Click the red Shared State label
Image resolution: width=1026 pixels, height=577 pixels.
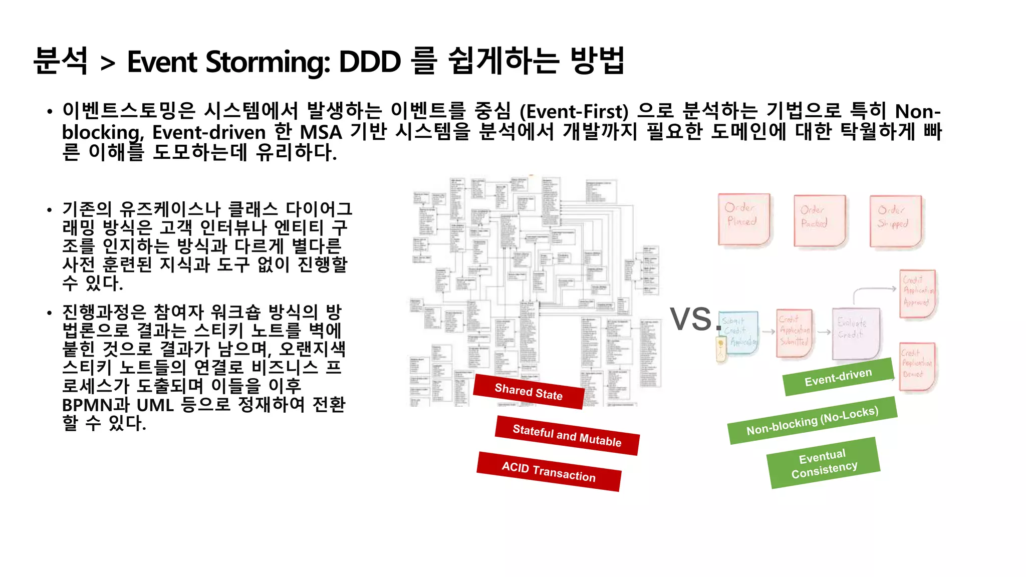point(529,392)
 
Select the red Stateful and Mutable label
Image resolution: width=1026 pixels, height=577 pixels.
point(567,435)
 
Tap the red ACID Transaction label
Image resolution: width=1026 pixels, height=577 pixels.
point(549,471)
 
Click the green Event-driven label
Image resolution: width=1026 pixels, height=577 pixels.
point(838,377)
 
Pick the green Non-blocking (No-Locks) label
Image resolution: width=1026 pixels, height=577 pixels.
point(812,421)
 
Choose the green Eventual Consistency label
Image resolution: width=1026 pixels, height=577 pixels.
point(824,463)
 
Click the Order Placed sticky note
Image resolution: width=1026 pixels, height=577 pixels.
point(743,219)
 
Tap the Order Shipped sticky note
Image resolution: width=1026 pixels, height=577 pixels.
point(895,221)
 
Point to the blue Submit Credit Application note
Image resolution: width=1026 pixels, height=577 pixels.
point(739,333)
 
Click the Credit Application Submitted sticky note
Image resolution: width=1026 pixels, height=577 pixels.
point(794,333)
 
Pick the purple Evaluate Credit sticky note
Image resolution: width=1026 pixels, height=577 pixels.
point(855,333)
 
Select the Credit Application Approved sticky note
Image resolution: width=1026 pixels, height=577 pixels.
point(917,294)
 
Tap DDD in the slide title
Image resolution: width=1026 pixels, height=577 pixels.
point(370,62)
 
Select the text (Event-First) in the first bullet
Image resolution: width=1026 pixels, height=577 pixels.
point(574,111)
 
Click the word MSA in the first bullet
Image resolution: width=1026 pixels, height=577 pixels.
point(321,132)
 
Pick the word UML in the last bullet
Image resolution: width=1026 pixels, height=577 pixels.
point(155,405)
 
